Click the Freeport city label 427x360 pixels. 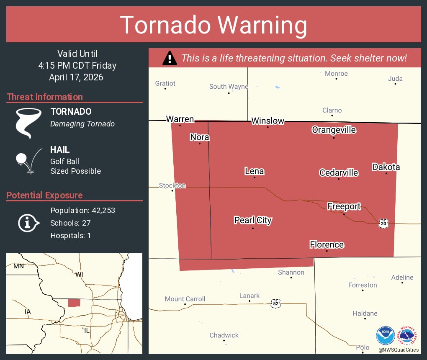[x=344, y=206]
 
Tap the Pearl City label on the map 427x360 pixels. [x=253, y=220]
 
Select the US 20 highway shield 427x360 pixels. [x=383, y=224]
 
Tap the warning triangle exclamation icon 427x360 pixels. [x=170, y=58]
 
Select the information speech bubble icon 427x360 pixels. [x=28, y=223]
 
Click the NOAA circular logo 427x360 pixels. [x=385, y=335]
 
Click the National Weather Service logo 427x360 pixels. [x=409, y=335]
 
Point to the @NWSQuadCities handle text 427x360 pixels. [x=398, y=350]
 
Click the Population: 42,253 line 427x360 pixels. [x=82, y=211]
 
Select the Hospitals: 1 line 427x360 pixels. [x=70, y=236]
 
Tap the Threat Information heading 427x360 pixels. [x=45, y=97]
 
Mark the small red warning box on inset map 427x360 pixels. [x=74, y=303]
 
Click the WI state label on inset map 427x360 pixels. [x=79, y=275]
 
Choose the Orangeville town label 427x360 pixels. [x=334, y=130]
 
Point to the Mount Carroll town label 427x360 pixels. [x=185, y=299]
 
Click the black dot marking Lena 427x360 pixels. [x=254, y=177]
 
